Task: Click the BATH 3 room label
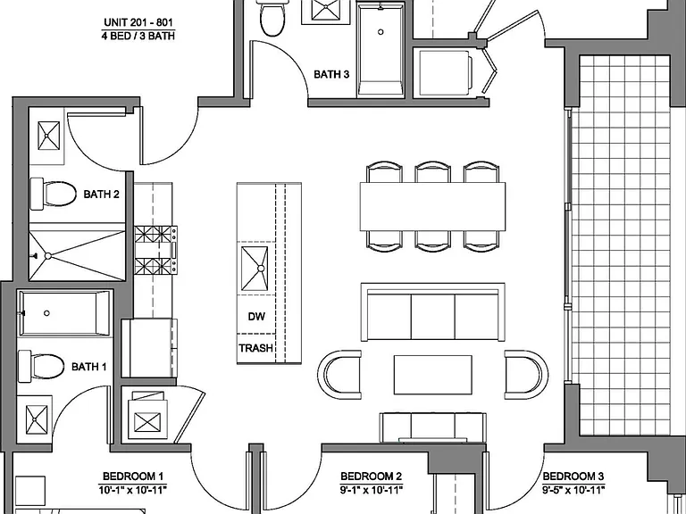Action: click(331, 74)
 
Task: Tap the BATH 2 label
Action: click(101, 194)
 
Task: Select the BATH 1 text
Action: click(88, 366)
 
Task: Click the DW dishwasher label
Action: click(256, 317)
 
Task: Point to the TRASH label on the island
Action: click(256, 348)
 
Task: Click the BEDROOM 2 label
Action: click(371, 476)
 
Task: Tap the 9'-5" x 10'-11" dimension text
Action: click(573, 490)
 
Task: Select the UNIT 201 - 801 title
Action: click(138, 21)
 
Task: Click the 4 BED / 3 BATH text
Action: click(138, 36)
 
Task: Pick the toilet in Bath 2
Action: click(53, 193)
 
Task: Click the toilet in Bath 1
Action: click(41, 365)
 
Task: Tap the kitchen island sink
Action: click(255, 269)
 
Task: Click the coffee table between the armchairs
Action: click(432, 375)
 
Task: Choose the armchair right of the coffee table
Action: click(526, 375)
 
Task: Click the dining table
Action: click(432, 207)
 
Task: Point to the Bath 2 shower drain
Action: click(47, 256)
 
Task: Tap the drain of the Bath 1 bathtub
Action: click(46, 313)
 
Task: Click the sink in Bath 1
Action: click(37, 419)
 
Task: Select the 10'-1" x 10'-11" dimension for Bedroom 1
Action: click(133, 490)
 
